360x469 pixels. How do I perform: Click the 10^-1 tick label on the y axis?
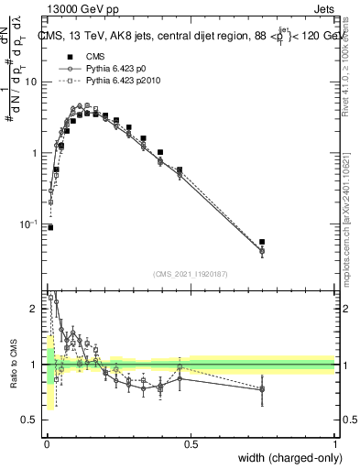click(x=31, y=224)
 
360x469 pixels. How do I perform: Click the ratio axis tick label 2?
click(x=35, y=310)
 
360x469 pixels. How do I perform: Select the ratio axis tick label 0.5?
click(x=31, y=420)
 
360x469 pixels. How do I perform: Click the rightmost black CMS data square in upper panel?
click(x=262, y=242)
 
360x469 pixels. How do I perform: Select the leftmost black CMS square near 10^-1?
click(x=50, y=227)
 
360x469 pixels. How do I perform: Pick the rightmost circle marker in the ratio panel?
click(x=262, y=389)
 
